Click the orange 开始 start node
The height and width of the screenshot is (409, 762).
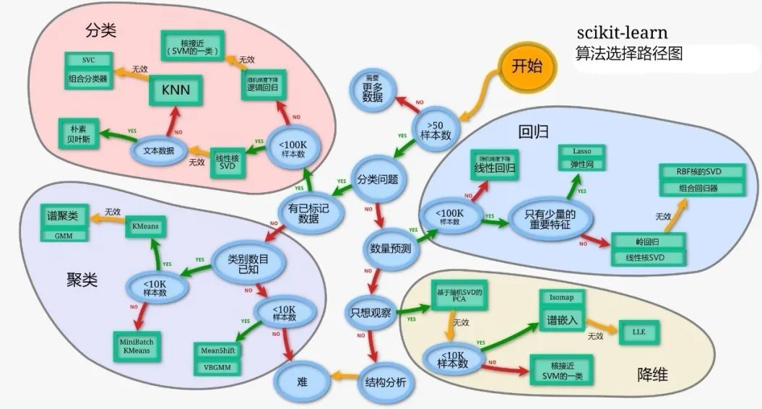coord(527,67)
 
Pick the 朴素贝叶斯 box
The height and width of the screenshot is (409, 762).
coord(79,134)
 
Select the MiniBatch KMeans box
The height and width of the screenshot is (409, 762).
coord(137,347)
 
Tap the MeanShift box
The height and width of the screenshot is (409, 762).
coord(219,350)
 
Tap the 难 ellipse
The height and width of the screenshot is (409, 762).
coord(301,381)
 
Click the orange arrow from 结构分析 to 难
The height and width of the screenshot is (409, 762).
coord(343,377)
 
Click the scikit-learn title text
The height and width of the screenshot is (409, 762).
coord(622,33)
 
